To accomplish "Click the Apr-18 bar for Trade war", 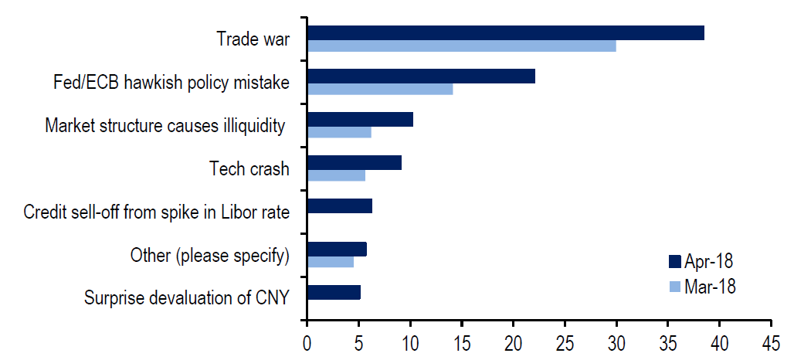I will (505, 32).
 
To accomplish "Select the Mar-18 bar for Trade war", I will (461, 46).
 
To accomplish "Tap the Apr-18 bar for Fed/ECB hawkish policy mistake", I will (421, 76).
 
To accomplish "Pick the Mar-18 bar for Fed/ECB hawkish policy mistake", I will (379, 89).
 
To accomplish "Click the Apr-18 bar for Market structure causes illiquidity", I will (360, 119).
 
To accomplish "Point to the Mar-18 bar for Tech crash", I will (336, 175).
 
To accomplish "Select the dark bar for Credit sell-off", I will (340, 205).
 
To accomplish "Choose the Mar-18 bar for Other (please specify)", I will (331, 262).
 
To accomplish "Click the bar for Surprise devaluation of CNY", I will (334, 292).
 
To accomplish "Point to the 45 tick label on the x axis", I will (771, 341).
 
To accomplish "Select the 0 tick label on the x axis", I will (307, 341).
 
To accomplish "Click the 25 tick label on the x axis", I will (565, 341).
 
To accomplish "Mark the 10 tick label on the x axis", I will (409, 341).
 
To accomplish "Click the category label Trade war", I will (253, 39).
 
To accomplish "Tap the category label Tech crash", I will (249, 168).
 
